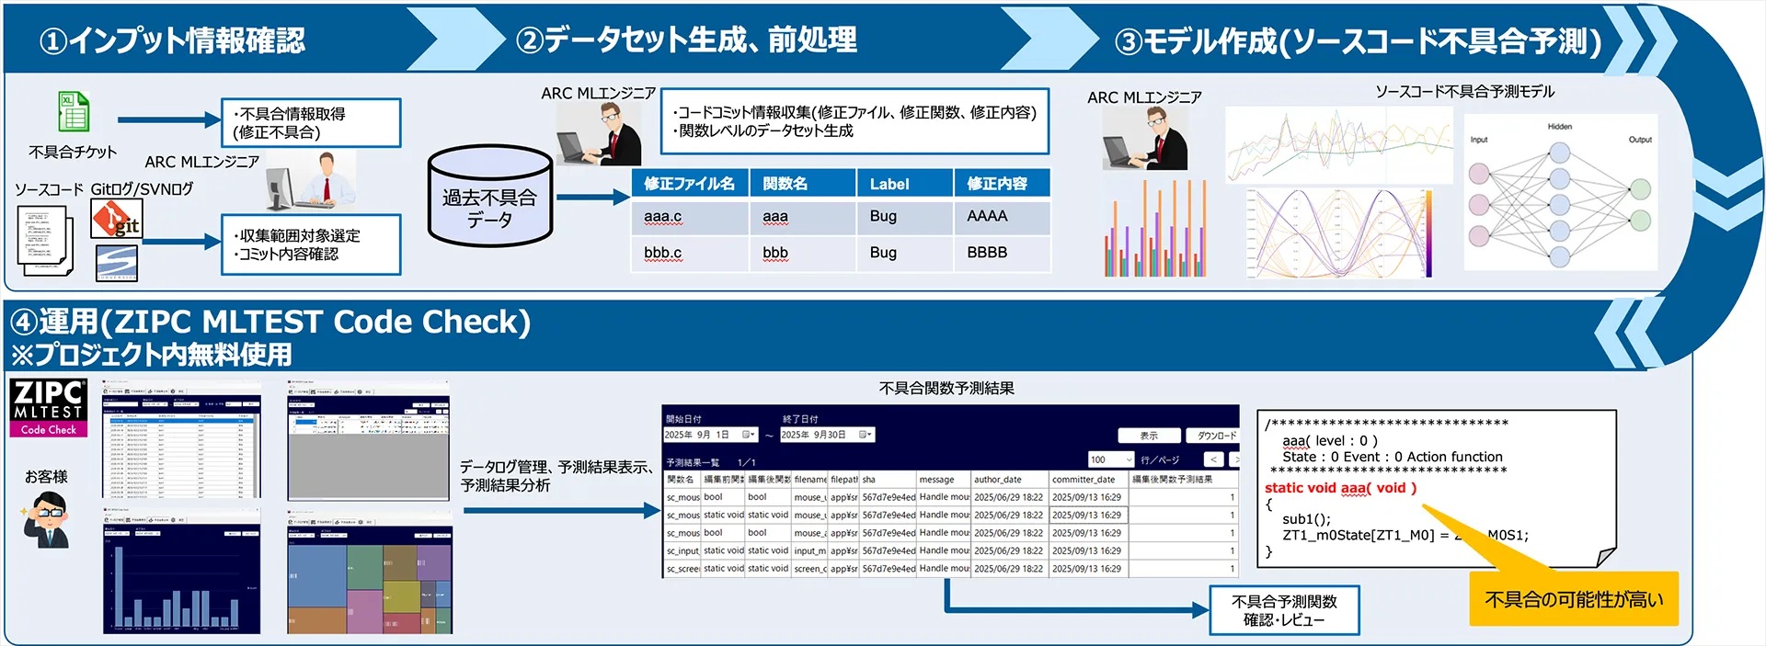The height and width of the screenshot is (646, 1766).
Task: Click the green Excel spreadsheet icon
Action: click(x=74, y=112)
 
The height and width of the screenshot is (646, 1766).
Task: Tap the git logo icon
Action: click(x=117, y=220)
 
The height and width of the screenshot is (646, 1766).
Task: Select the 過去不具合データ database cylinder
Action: click(x=489, y=198)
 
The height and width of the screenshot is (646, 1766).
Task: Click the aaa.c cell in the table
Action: click(x=662, y=217)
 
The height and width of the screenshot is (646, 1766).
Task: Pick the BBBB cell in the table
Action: click(x=987, y=253)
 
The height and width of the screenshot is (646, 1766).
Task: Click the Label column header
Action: click(x=889, y=184)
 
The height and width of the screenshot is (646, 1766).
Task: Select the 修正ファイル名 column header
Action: click(x=689, y=184)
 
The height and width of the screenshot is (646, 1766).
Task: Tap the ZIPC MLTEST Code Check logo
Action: click(x=49, y=407)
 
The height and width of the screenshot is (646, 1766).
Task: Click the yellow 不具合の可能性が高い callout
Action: click(x=1573, y=599)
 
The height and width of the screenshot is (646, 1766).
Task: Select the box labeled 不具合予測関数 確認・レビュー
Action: click(x=1284, y=610)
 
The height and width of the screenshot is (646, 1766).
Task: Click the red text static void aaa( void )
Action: click(x=1340, y=488)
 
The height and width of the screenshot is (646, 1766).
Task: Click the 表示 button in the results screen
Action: click(x=1149, y=436)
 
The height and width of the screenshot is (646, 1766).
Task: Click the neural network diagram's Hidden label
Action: click(x=1559, y=127)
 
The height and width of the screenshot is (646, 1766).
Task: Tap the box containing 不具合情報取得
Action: click(x=311, y=123)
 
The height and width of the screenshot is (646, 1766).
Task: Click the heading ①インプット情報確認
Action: click(x=172, y=40)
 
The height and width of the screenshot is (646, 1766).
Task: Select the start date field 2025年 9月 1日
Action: click(x=709, y=435)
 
